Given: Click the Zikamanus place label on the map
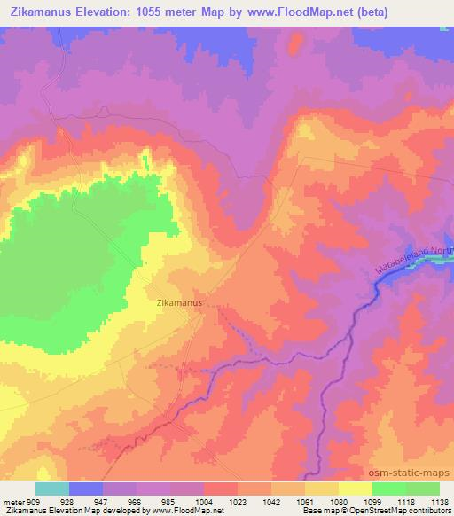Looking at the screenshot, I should [179, 302].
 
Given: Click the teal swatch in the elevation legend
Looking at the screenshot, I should [51, 489].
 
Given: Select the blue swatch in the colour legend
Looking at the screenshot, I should [85, 489].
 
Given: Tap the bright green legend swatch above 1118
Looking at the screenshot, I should [388, 489].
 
